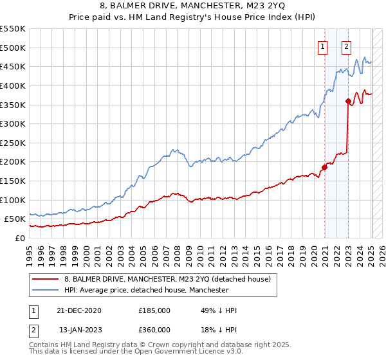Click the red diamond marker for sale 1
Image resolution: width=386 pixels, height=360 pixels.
(x=325, y=168)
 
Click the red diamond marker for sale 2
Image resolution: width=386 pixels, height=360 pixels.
(x=348, y=101)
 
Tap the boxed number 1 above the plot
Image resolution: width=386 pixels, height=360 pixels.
(x=322, y=46)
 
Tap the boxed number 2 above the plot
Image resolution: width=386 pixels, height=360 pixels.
(x=346, y=46)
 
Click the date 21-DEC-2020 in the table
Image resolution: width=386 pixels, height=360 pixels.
(x=79, y=310)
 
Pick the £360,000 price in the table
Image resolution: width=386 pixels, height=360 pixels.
(x=154, y=330)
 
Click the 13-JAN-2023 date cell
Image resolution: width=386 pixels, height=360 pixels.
(x=79, y=330)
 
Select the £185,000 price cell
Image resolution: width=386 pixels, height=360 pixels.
(x=154, y=310)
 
